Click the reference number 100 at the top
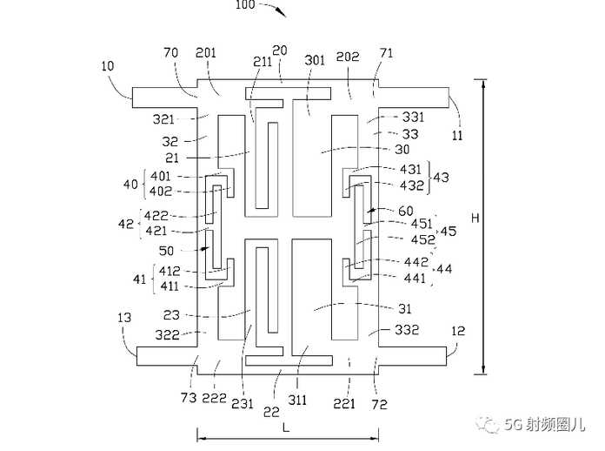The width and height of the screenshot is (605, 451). point(245,4)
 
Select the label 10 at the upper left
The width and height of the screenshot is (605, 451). point(108,66)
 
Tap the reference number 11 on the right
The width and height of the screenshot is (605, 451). point(457,135)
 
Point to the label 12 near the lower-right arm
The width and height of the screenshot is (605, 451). point(458,331)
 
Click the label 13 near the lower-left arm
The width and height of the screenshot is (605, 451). point(124,318)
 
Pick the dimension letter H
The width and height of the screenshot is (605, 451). point(475,218)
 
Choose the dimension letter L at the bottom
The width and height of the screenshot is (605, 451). point(286,427)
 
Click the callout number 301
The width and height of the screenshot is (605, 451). point(315,60)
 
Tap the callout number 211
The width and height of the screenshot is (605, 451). point(263,62)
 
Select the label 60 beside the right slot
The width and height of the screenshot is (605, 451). point(406,211)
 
